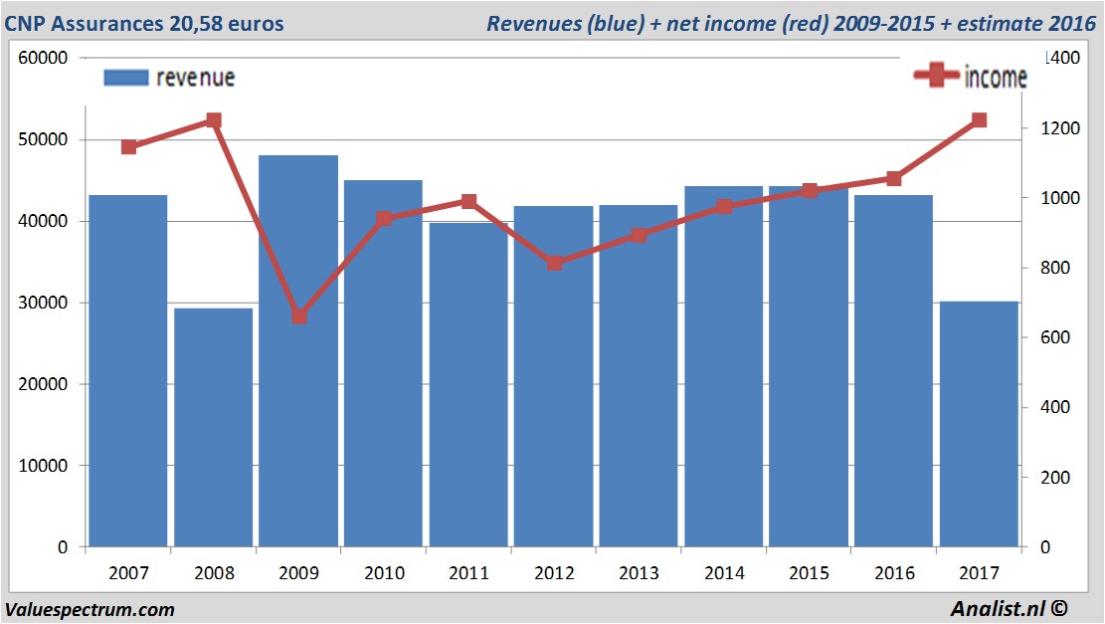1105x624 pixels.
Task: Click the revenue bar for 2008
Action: click(x=213, y=428)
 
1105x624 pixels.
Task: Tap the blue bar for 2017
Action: click(x=979, y=424)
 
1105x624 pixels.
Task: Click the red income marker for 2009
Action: click(x=298, y=315)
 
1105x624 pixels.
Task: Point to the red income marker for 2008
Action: click(x=213, y=120)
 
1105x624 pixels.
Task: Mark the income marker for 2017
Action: click(x=979, y=120)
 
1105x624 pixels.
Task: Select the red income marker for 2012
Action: click(x=554, y=263)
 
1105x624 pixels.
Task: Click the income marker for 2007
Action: click(x=128, y=147)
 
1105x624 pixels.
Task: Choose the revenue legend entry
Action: click(x=170, y=78)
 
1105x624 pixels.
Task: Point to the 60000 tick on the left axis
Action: click(x=43, y=58)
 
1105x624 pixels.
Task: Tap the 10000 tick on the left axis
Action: click(x=43, y=466)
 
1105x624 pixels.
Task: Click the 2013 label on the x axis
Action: click(x=639, y=574)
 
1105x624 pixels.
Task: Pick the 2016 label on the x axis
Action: click(x=893, y=574)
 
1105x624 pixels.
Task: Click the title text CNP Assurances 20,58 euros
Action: click(x=144, y=23)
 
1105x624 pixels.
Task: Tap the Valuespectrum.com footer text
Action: click(x=90, y=609)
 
